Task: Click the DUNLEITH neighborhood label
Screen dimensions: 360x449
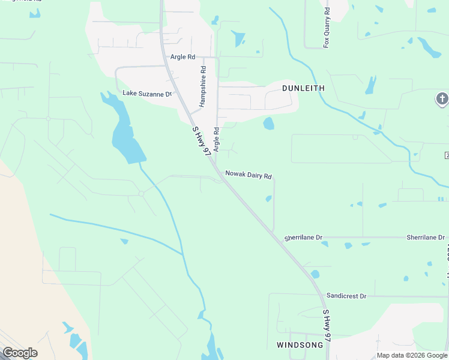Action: pyautogui.click(x=303, y=88)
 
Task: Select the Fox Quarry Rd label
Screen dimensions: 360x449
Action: pyautogui.click(x=327, y=28)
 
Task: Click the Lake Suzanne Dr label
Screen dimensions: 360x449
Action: pyautogui.click(x=147, y=94)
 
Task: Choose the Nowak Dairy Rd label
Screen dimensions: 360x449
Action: pyautogui.click(x=249, y=175)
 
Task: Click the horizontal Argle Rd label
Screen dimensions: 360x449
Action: pyautogui.click(x=183, y=57)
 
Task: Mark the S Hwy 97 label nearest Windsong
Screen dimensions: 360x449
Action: pyautogui.click(x=327, y=326)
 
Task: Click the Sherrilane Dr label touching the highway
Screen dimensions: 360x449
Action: pyautogui.click(x=304, y=238)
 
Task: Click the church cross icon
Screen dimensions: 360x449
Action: pyautogui.click(x=442, y=98)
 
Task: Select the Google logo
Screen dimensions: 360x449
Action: pyautogui.click(x=20, y=353)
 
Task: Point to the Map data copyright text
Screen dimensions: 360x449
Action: pyautogui.click(x=412, y=355)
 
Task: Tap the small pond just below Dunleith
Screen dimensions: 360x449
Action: pyautogui.click(x=268, y=124)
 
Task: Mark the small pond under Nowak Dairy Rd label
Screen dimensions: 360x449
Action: pyautogui.click(x=268, y=199)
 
